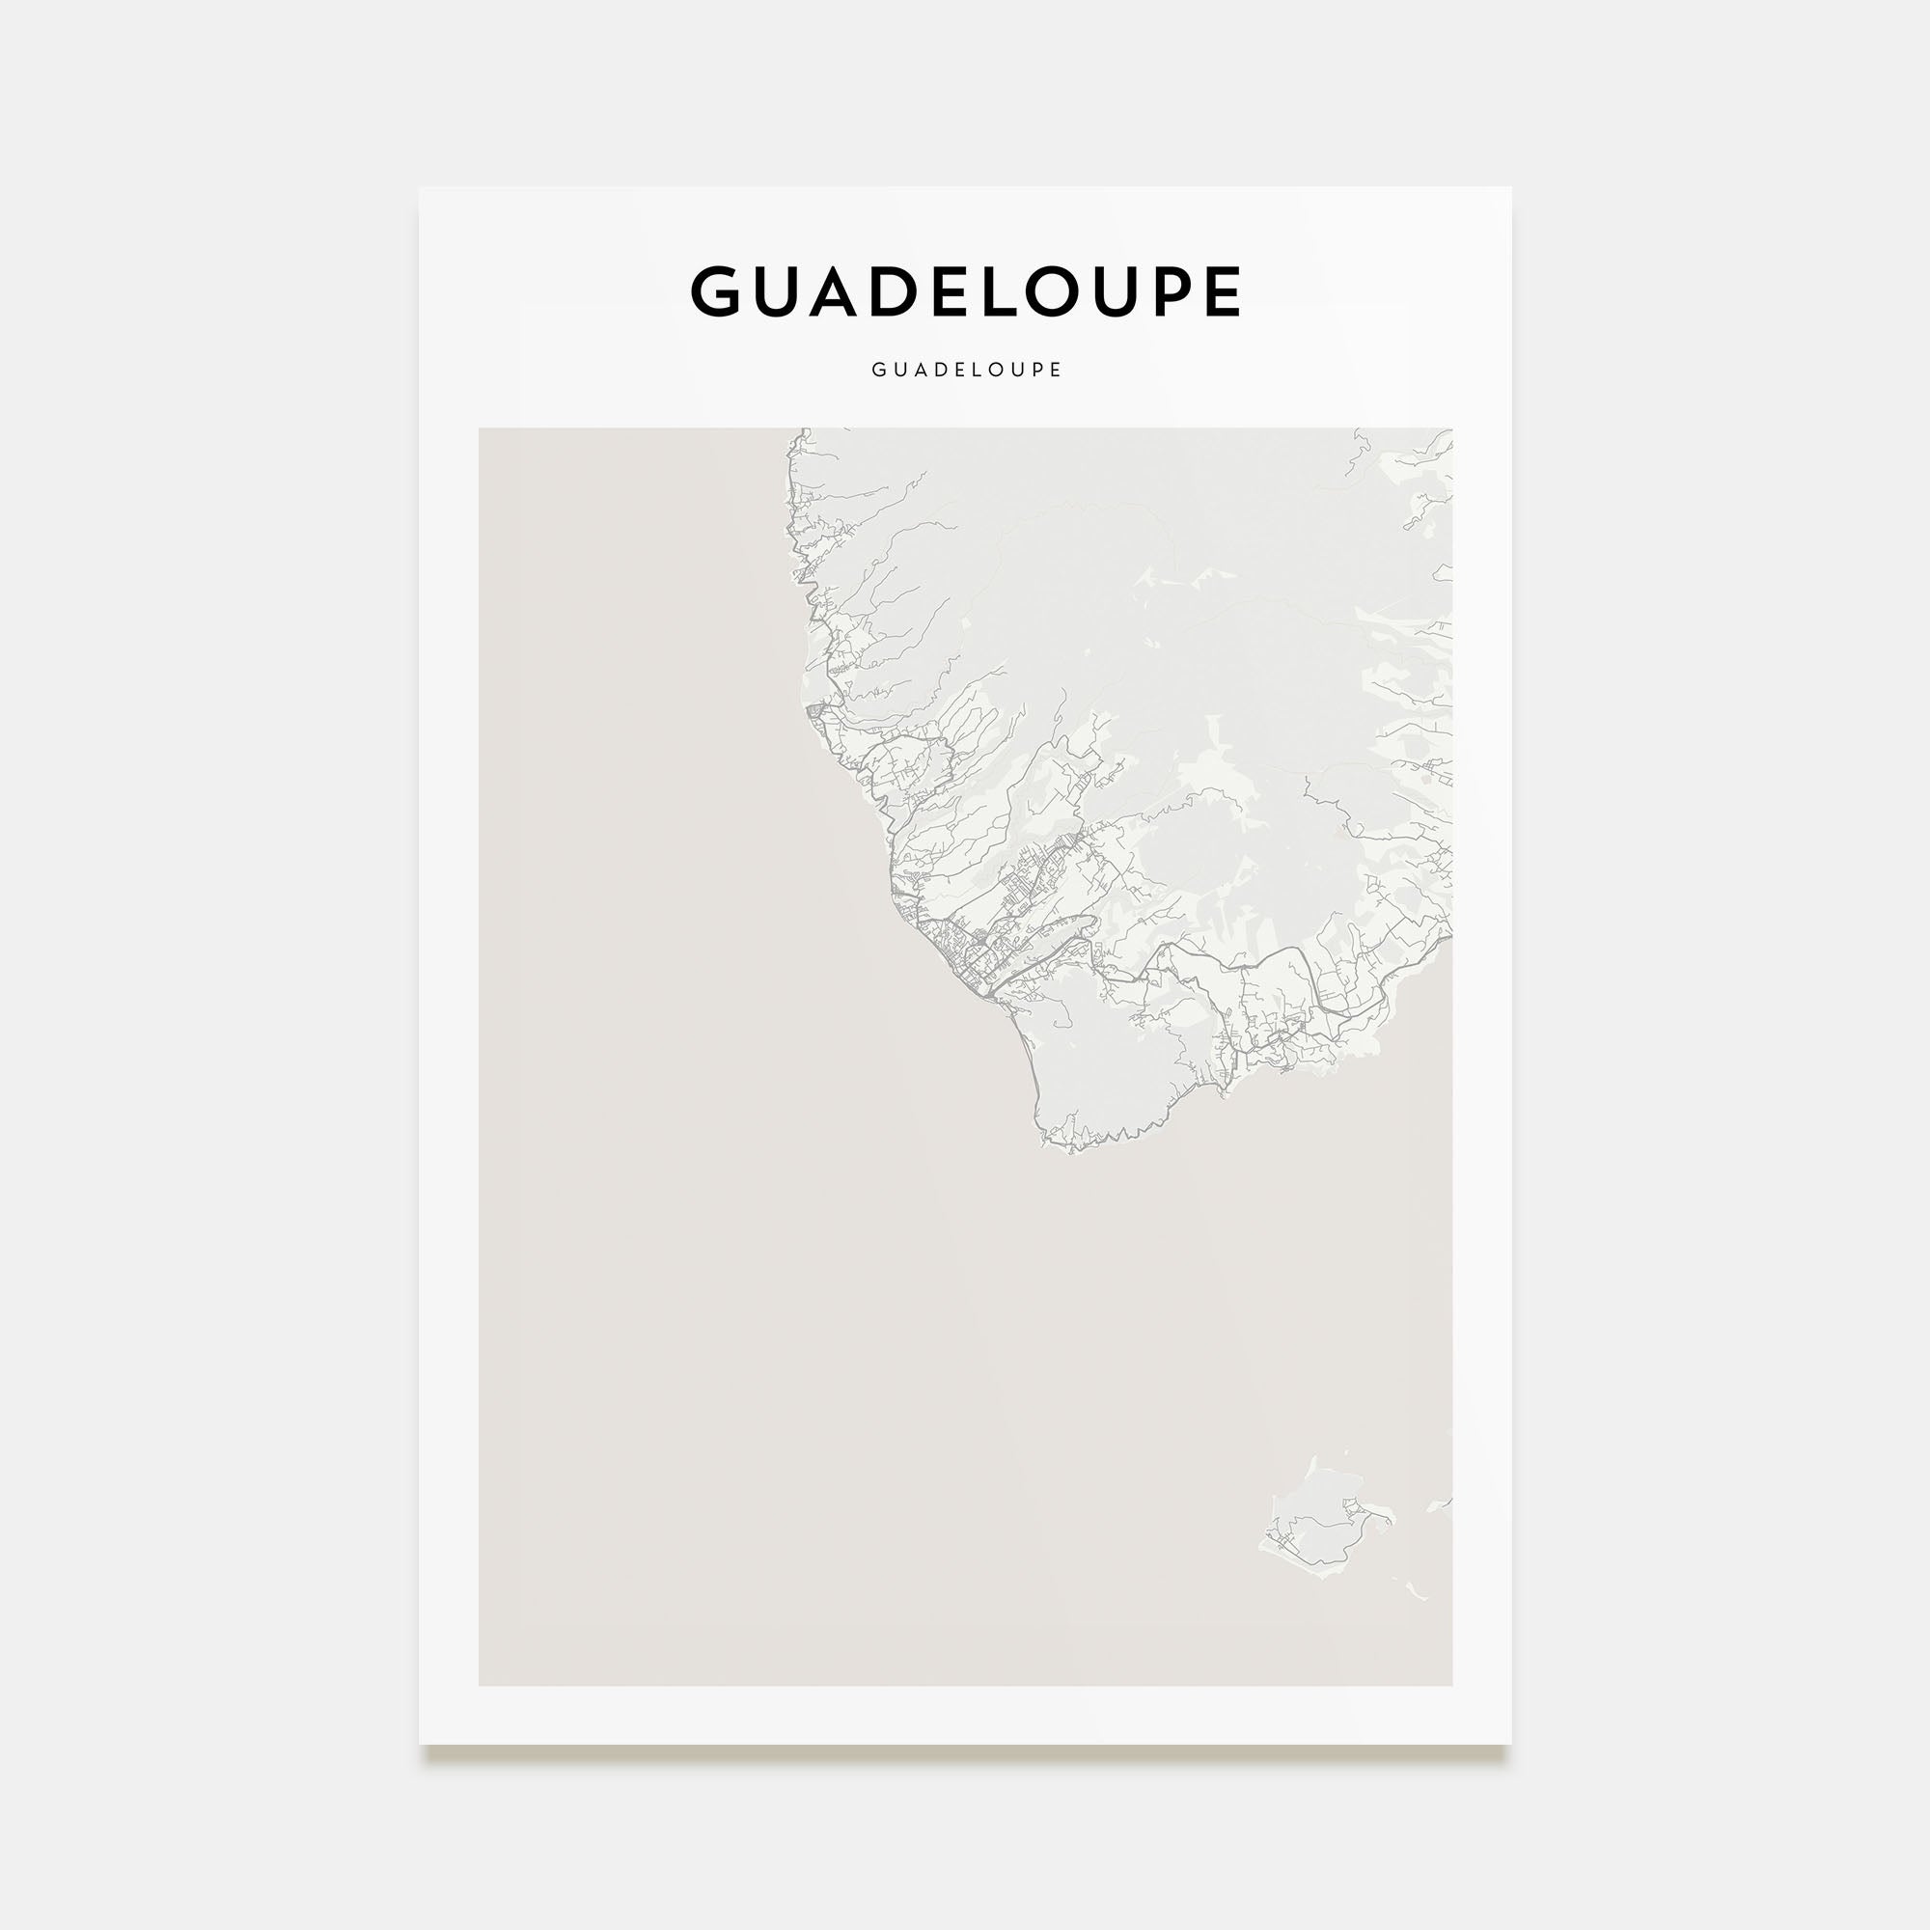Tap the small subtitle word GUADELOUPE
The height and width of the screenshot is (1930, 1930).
pos(966,370)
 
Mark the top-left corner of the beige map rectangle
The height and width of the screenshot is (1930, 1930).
pos(480,429)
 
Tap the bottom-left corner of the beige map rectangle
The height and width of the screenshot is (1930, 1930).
pos(480,1685)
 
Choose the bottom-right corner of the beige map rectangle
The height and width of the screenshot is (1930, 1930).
pos(1451,1685)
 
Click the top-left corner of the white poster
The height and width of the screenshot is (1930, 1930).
pos(420,188)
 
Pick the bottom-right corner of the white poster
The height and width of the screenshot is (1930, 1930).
pos(1510,1744)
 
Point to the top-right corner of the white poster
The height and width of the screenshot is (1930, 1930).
pos(1510,188)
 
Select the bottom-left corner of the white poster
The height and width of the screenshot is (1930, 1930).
pos(420,1744)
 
